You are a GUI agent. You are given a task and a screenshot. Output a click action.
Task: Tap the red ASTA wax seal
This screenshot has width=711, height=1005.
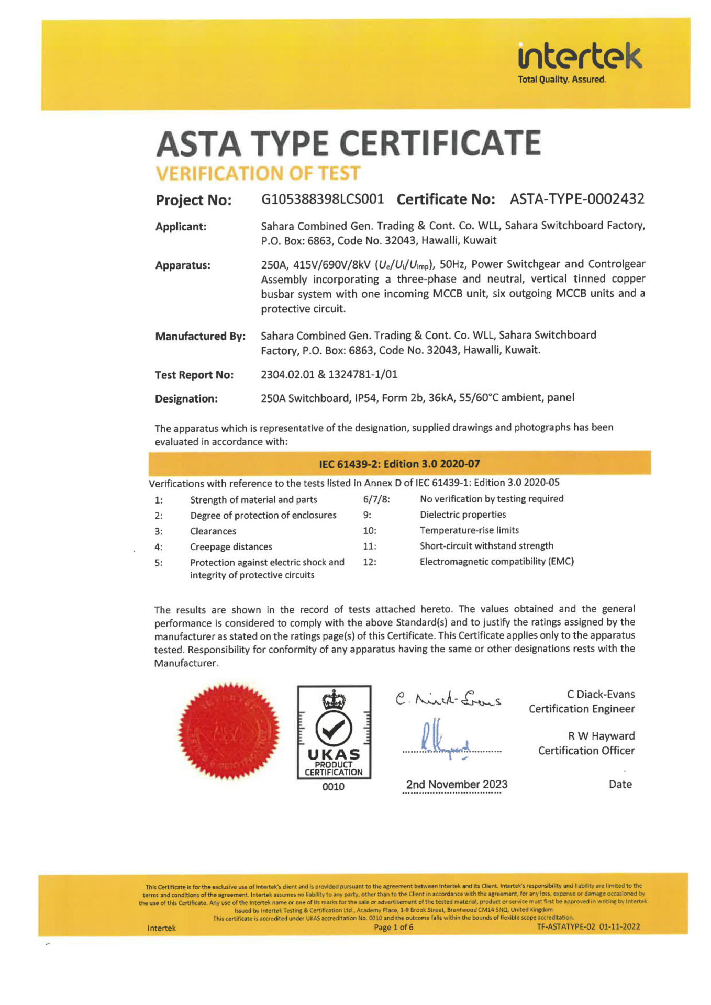tap(229, 731)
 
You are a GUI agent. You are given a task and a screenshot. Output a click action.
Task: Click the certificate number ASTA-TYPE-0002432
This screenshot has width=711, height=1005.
tap(577, 199)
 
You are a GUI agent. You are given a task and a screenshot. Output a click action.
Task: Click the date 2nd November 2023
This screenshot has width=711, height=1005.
tap(457, 784)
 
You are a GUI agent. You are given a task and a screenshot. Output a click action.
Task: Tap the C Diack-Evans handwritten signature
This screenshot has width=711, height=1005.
tap(448, 699)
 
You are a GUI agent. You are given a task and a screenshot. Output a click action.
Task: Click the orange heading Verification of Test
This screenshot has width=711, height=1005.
tap(258, 173)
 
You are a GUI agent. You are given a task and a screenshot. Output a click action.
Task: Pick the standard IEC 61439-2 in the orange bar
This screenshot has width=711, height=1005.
tap(399, 464)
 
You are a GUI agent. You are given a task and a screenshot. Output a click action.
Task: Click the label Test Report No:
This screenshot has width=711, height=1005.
tap(194, 375)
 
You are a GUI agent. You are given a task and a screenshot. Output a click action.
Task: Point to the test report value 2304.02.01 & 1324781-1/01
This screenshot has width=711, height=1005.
tap(329, 374)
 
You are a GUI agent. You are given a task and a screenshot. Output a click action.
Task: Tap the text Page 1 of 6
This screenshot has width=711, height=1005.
tap(393, 927)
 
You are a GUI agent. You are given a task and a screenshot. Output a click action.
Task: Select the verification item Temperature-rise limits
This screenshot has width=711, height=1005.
tap(469, 530)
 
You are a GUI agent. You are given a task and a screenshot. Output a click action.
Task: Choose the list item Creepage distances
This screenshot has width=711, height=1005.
tap(231, 546)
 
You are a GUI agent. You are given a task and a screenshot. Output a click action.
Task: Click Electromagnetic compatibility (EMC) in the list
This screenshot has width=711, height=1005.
tap(496, 562)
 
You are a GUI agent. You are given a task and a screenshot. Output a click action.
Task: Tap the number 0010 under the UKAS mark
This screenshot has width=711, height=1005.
tap(334, 787)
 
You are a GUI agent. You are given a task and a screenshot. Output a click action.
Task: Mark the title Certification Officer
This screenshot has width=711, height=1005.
tap(586, 751)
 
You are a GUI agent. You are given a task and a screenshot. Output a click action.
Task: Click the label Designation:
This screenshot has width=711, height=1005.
tap(186, 399)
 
